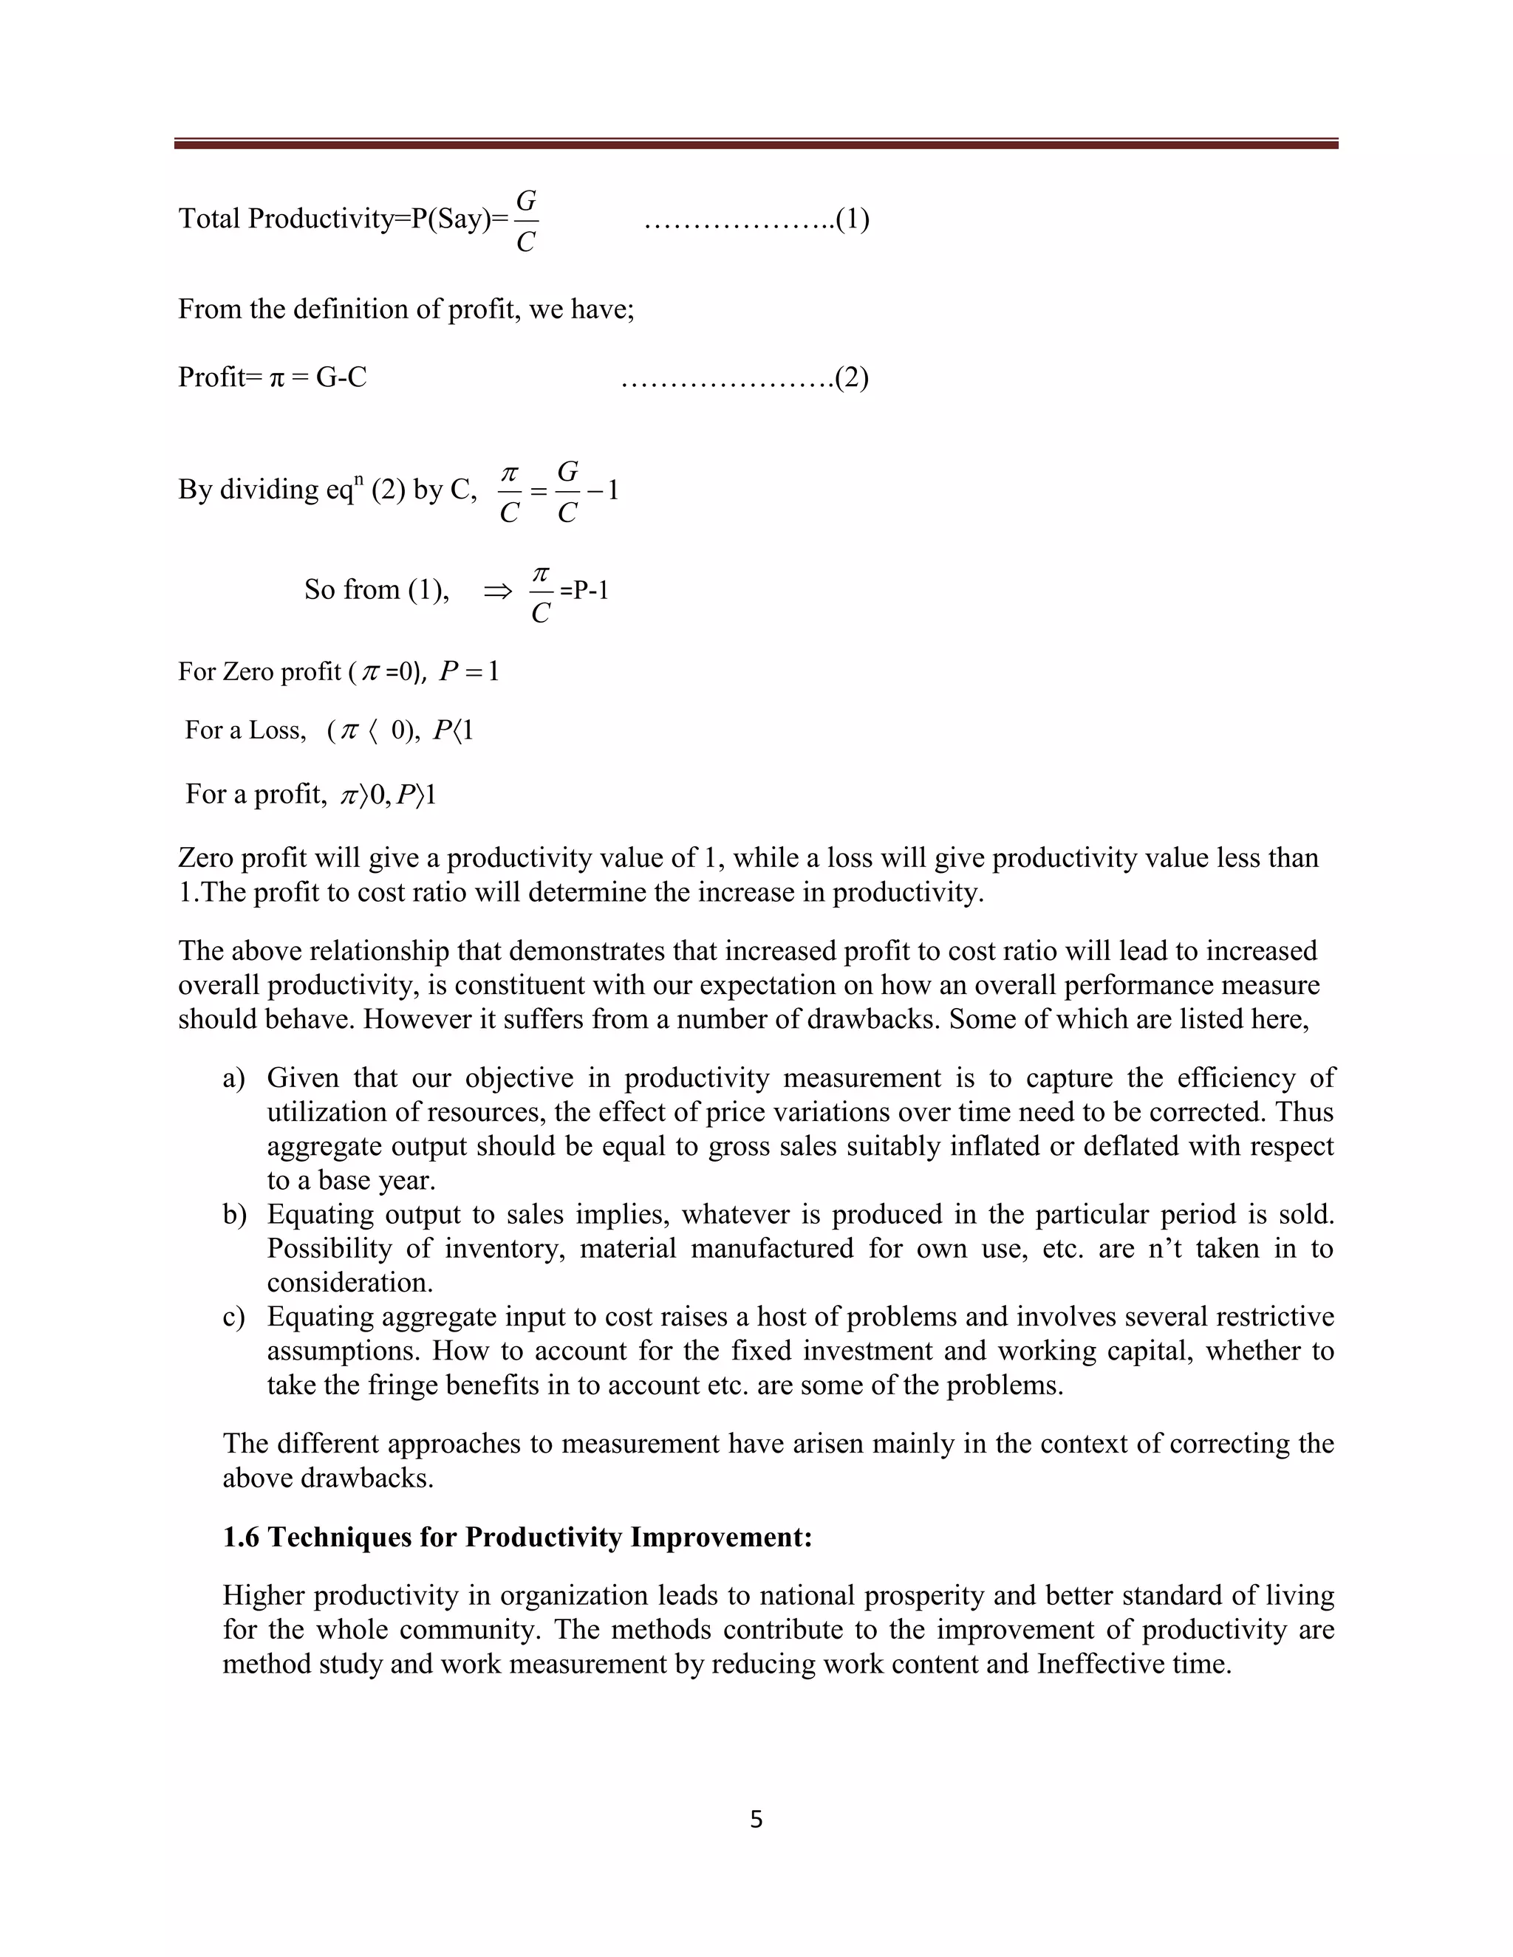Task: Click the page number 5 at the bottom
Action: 756,1818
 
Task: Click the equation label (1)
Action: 852,219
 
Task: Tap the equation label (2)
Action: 852,377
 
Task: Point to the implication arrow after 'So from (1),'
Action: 497,591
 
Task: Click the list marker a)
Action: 234,1078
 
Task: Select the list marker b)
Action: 234,1214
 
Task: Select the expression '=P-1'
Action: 584,591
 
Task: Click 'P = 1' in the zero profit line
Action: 469,671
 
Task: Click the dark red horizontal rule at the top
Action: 756,143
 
